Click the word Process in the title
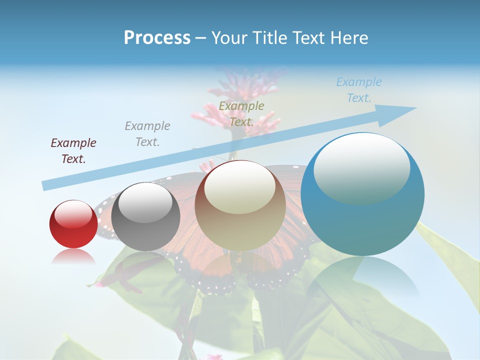pyautogui.click(x=157, y=38)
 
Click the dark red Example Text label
pyautogui.click(x=73, y=151)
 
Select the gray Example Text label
pyautogui.click(x=147, y=134)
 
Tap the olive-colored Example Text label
pyautogui.click(x=241, y=114)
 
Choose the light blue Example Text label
pyautogui.click(x=359, y=90)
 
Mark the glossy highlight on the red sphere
pyautogui.click(x=73, y=214)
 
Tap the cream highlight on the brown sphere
pyautogui.click(x=240, y=186)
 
